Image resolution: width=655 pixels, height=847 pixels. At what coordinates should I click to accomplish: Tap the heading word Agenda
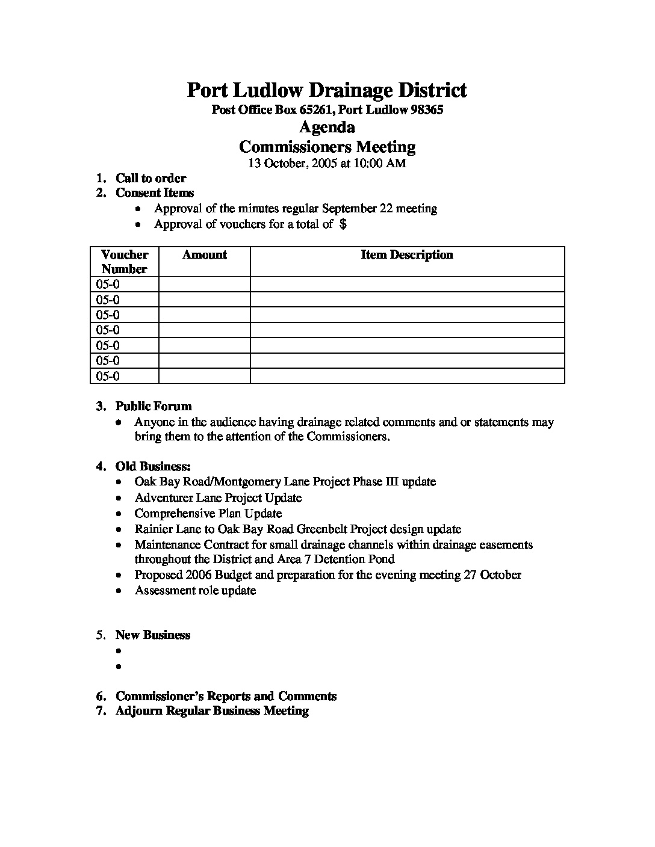coord(327,127)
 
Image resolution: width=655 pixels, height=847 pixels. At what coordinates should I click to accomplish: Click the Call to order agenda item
coord(151,178)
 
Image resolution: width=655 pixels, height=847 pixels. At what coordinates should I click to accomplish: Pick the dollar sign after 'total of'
coord(343,224)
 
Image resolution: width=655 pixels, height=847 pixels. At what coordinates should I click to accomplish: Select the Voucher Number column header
coord(125,262)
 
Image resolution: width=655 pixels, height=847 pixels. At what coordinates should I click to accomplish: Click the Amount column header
coord(205,254)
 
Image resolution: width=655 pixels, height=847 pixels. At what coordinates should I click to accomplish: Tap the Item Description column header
coord(407,254)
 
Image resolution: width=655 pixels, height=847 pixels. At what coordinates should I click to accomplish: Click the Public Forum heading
coord(154,406)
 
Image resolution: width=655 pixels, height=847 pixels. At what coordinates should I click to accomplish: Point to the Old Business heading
coord(153,466)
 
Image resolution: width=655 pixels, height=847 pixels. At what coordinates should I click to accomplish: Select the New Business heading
coord(153,635)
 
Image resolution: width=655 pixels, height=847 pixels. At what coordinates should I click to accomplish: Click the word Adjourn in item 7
coord(139,711)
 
